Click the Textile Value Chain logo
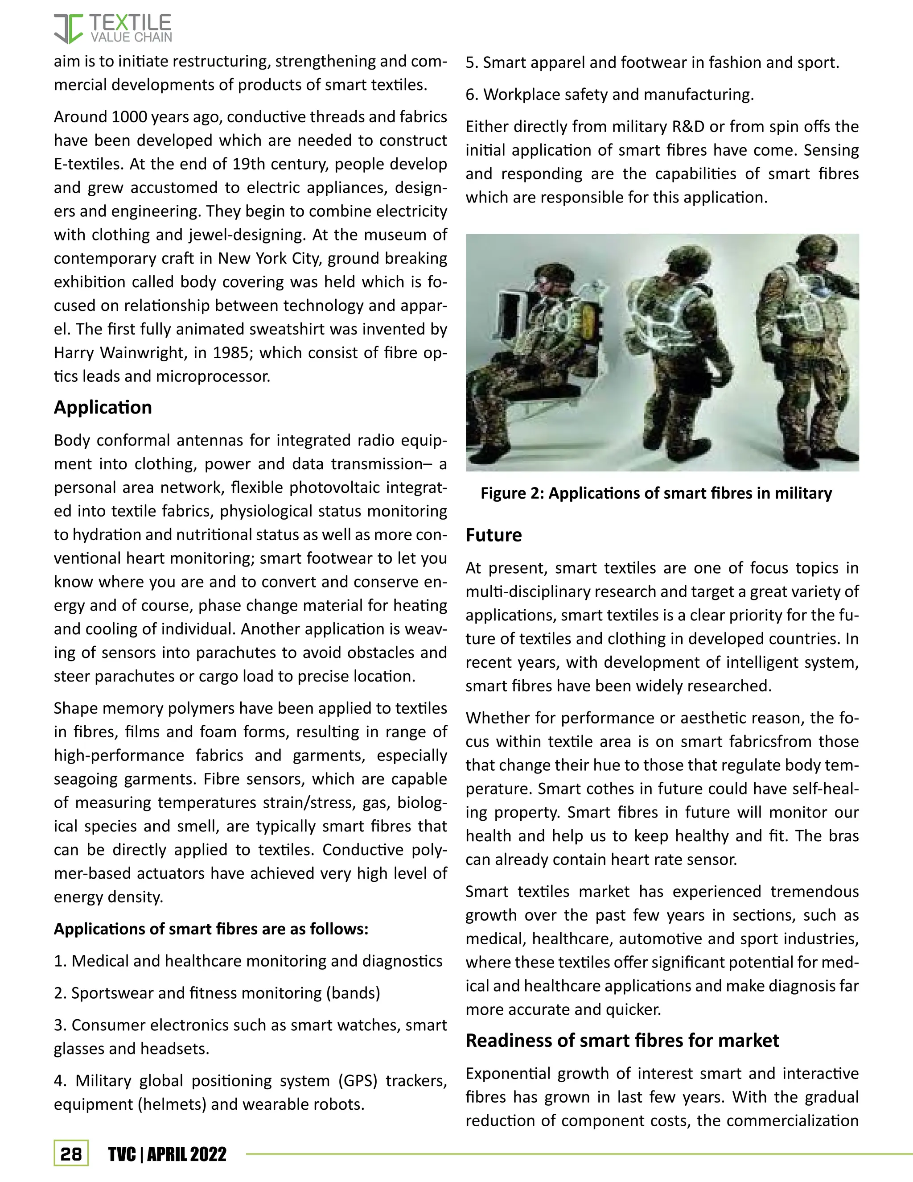pyautogui.click(x=112, y=29)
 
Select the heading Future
pyautogui.click(x=494, y=535)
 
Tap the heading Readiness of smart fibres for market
pyautogui.click(x=622, y=1040)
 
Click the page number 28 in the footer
pyautogui.click(x=71, y=1154)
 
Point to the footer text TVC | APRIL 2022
pyautogui.click(x=167, y=1154)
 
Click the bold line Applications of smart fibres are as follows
pyautogui.click(x=211, y=929)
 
